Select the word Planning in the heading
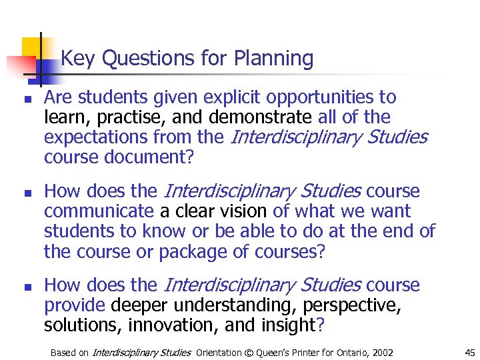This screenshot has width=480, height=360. tap(273, 59)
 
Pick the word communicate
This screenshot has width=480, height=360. tap(99, 211)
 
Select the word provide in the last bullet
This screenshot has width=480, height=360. tap(75, 305)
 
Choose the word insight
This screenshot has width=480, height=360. tap(288, 325)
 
